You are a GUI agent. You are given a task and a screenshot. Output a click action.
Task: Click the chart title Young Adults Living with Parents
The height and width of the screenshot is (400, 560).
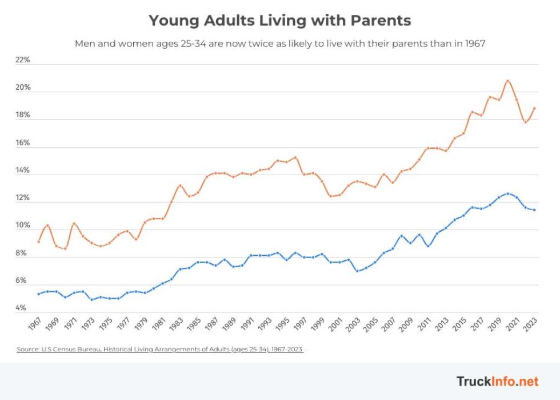(279, 21)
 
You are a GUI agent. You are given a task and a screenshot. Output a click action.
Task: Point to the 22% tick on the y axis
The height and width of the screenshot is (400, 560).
(22, 60)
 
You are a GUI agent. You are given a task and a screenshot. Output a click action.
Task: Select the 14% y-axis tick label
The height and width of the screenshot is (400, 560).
(22, 171)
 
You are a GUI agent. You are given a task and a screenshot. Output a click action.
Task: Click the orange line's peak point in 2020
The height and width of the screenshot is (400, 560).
(508, 81)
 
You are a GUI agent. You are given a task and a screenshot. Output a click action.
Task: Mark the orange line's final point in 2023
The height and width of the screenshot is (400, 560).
(534, 108)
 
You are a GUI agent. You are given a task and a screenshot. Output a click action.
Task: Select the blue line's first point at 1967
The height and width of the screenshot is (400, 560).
(38, 294)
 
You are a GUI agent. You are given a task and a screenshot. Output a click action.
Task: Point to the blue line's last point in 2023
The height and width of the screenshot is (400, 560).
(534, 210)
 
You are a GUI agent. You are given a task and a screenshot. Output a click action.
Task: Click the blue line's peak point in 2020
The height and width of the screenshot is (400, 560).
(508, 193)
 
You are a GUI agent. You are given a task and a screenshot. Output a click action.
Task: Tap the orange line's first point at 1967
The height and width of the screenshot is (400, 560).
(38, 241)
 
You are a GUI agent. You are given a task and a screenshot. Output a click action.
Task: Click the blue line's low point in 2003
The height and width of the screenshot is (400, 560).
(357, 271)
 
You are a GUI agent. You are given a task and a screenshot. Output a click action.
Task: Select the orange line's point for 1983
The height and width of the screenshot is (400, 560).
(180, 185)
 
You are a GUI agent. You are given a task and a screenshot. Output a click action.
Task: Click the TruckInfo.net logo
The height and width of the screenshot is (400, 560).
(497, 381)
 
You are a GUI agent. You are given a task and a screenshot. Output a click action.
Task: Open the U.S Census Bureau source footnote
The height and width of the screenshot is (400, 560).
(159, 348)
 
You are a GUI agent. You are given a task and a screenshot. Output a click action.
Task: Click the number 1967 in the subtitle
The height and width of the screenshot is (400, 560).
(473, 43)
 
